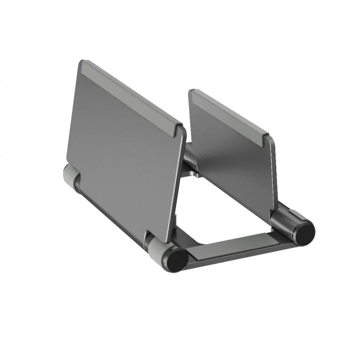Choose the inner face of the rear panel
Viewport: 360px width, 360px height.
click(234, 162)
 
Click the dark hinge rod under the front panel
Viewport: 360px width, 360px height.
click(112, 211)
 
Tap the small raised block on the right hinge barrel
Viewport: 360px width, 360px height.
click(288, 208)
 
